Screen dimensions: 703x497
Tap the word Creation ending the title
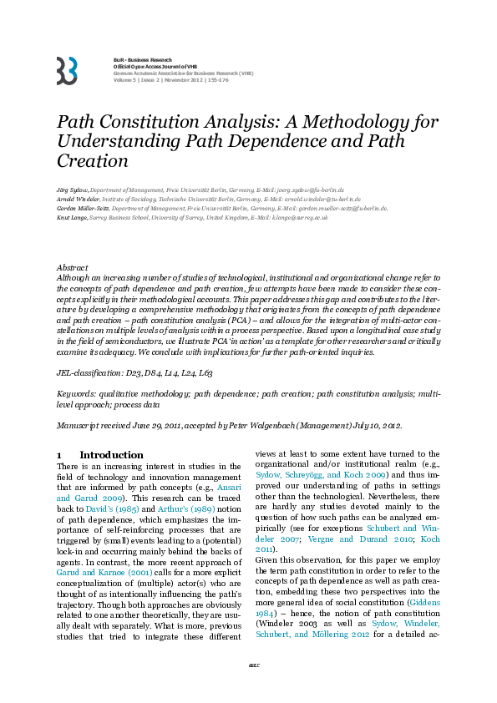coord(92,161)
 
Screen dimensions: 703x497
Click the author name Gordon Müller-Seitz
coord(87,210)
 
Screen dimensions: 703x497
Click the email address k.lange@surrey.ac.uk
coord(293,219)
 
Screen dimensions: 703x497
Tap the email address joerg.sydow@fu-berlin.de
coord(309,190)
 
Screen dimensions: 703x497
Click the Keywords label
coord(79,392)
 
